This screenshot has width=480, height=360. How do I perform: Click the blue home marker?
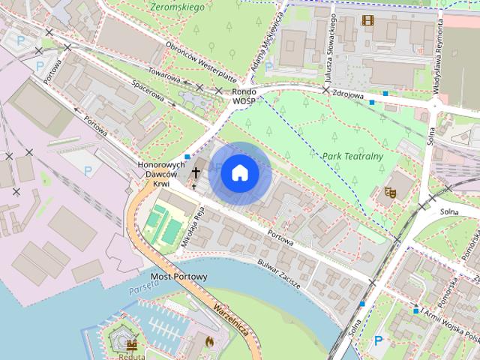click(240, 173)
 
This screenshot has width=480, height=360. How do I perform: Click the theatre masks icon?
click(389, 193)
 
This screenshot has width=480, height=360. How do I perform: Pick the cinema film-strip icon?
click(367, 20)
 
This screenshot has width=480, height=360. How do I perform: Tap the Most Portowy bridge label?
click(179, 277)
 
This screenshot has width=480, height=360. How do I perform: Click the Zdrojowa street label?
click(346, 95)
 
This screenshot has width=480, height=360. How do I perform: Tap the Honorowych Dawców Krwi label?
click(161, 174)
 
